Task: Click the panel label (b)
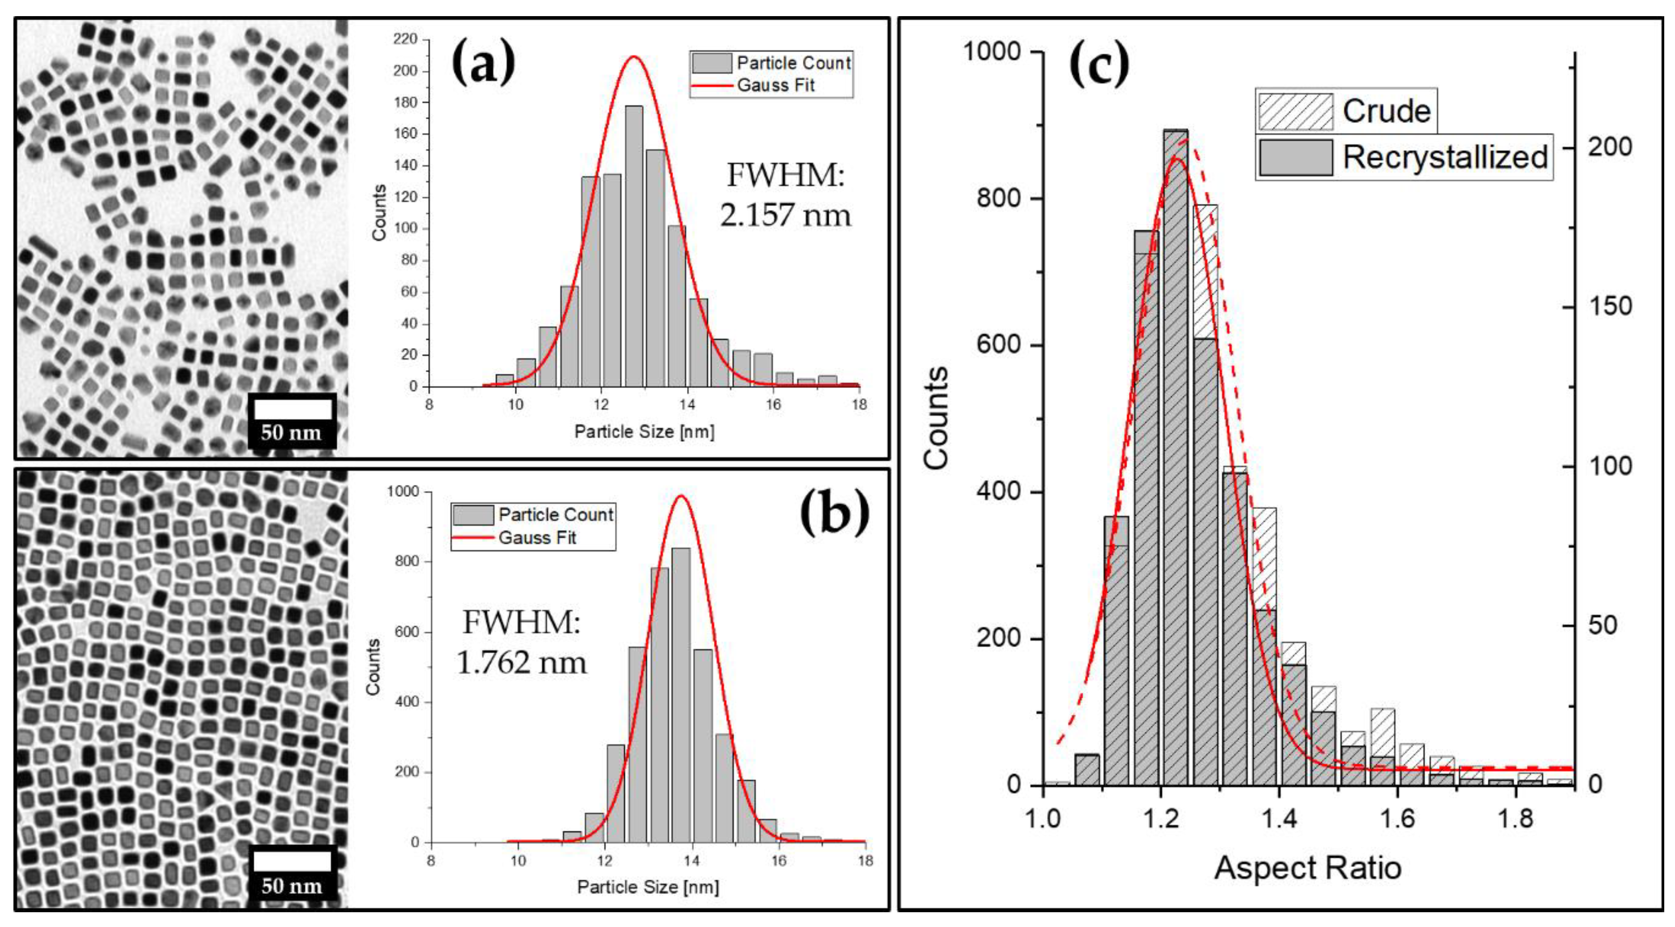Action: [834, 512]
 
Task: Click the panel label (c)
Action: [1099, 65]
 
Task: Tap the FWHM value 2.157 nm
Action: [785, 215]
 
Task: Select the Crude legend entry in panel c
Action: [1346, 111]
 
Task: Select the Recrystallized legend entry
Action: [1404, 157]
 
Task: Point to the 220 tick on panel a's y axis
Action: [405, 40]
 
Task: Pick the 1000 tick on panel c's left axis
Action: [992, 52]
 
